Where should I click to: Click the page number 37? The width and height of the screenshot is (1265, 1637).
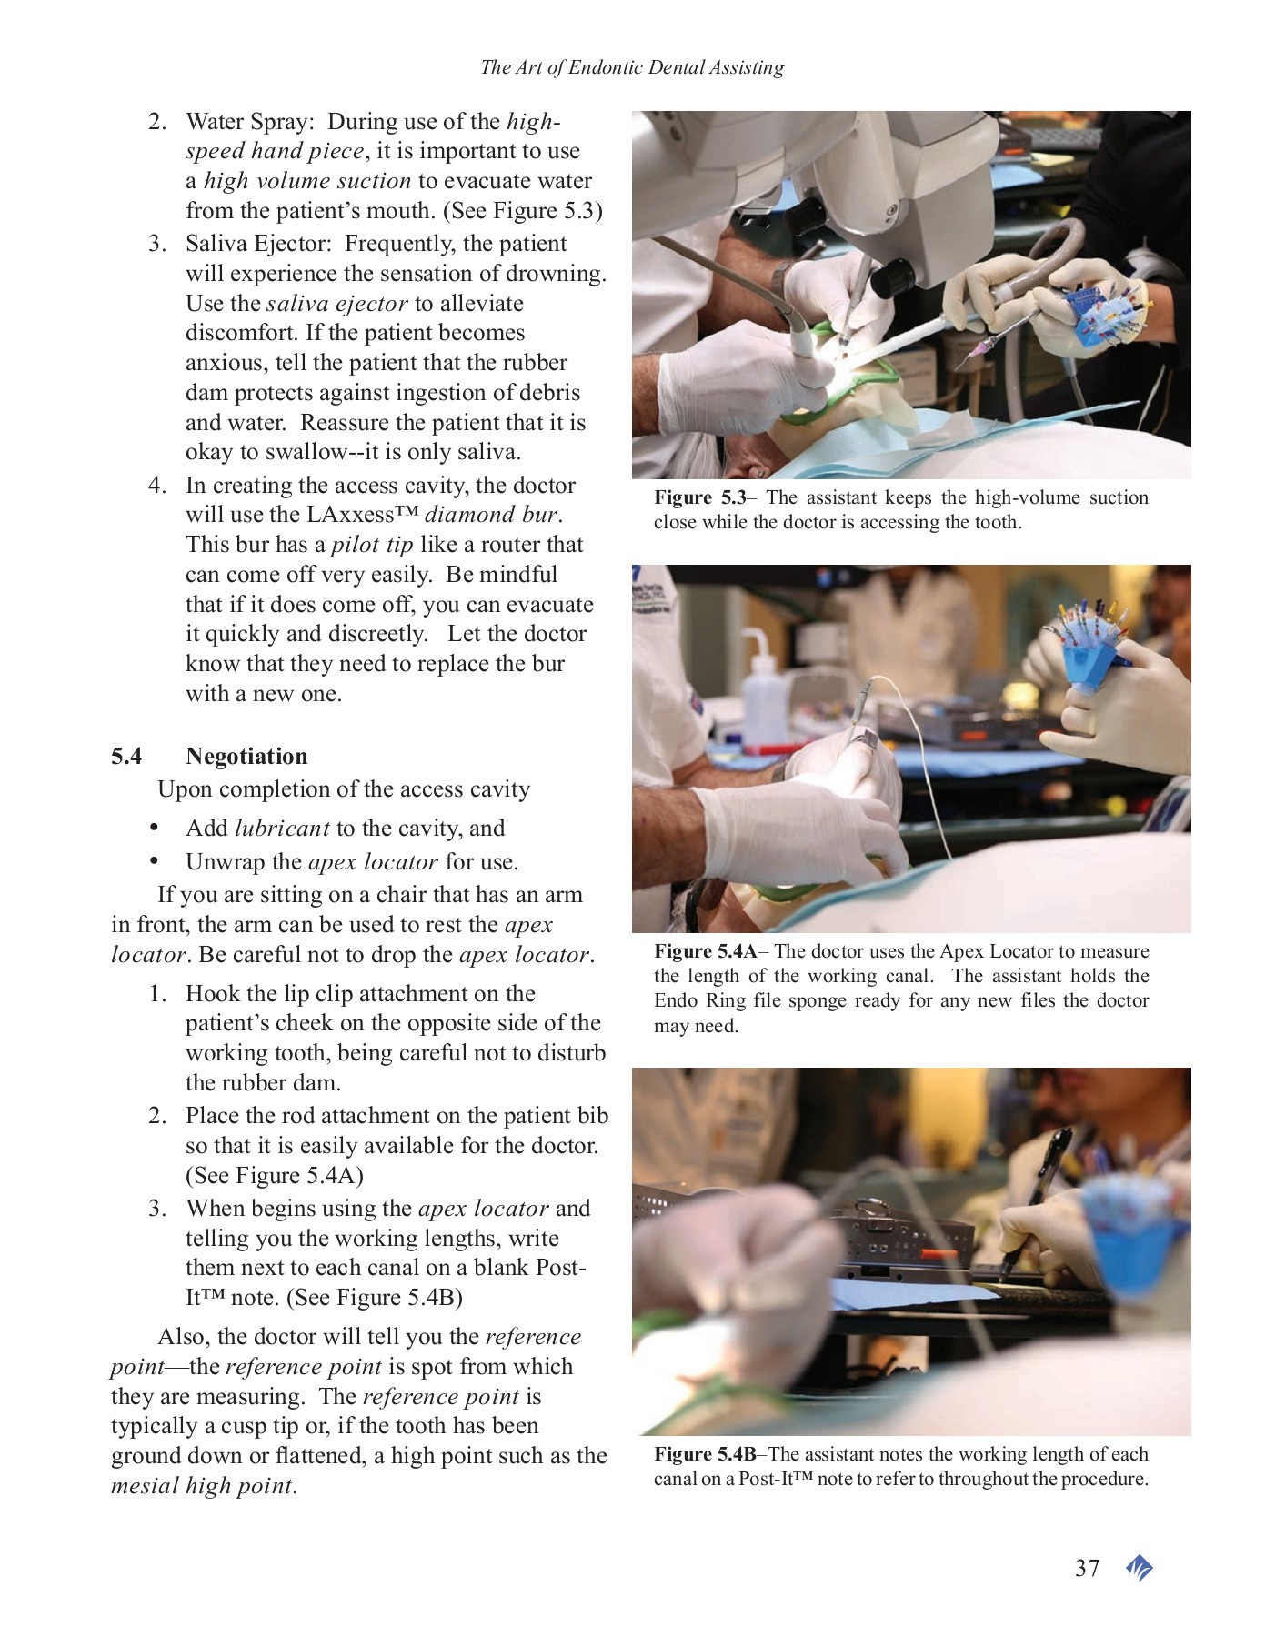pyautogui.click(x=1087, y=1568)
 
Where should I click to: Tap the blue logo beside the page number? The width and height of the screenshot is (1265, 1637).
pyautogui.click(x=1139, y=1568)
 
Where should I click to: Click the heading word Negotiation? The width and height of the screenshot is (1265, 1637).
pyautogui.click(x=246, y=756)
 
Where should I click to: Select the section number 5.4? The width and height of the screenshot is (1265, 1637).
pyautogui.click(x=126, y=756)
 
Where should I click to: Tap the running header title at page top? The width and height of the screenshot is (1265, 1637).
pyautogui.click(x=631, y=67)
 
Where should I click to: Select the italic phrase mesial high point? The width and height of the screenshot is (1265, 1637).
pyautogui.click(x=202, y=1486)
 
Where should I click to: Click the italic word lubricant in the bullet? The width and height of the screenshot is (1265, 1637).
pyautogui.click(x=281, y=829)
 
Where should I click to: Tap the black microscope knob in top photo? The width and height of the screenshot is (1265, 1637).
pyautogui.click(x=891, y=277)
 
